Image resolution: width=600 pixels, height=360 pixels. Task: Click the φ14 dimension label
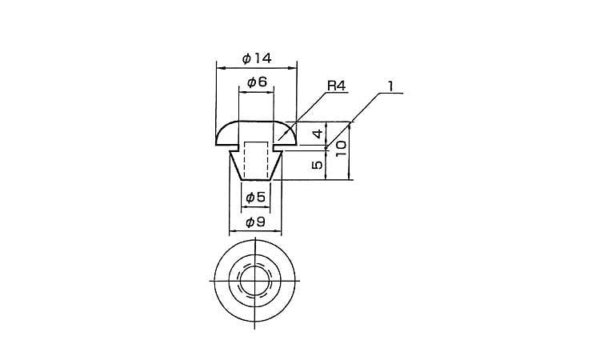(257, 58)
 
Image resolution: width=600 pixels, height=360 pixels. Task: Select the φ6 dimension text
(257, 82)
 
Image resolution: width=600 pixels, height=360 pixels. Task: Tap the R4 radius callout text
(336, 86)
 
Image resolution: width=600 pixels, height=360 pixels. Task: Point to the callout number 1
(390, 86)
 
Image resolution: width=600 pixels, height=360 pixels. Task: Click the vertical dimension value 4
(318, 134)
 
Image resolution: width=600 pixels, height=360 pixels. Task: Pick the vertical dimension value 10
(341, 148)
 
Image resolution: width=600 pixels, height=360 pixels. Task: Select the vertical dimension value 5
(318, 165)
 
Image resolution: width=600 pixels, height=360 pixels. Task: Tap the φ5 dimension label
(256, 198)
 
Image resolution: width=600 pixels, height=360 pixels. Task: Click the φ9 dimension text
(256, 222)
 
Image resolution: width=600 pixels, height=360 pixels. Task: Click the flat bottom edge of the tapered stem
(256, 179)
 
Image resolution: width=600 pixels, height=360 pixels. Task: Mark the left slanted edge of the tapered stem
(235, 166)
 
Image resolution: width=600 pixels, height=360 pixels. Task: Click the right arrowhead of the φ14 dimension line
(293, 68)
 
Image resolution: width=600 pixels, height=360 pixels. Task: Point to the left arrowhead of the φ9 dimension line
(232, 231)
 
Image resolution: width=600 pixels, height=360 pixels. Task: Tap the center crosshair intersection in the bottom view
(255, 281)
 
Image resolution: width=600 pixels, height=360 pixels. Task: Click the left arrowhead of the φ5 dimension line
(245, 207)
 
